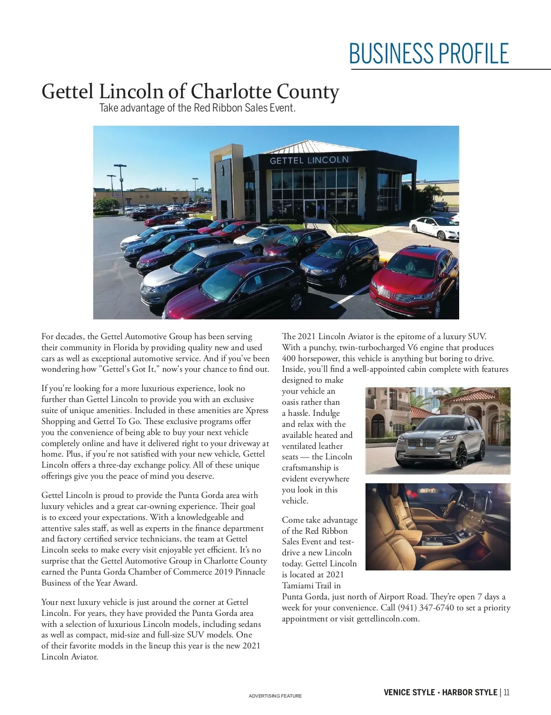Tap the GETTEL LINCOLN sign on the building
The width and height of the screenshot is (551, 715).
[x=309, y=160]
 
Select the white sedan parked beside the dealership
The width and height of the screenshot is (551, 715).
[x=434, y=227]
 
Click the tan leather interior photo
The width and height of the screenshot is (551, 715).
[x=438, y=526]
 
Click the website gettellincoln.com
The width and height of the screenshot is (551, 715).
[x=387, y=619]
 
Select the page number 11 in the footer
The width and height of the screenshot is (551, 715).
[x=506, y=693]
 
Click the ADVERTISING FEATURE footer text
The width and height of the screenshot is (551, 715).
[x=275, y=696]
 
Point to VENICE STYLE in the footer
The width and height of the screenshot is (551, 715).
[x=409, y=693]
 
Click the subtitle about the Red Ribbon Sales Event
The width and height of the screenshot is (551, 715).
[x=197, y=108]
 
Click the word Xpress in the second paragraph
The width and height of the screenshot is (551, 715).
[x=257, y=410]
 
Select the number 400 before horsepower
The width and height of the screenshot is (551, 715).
[x=289, y=358]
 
